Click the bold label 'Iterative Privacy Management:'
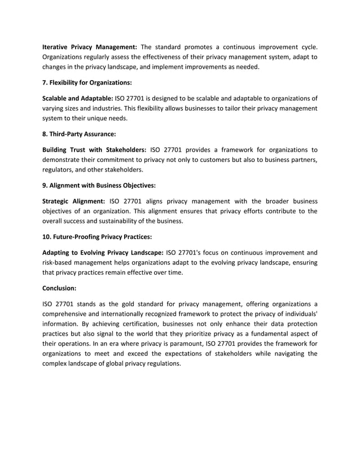pyautogui.click(x=90, y=46)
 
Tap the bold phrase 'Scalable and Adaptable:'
pyautogui.click(x=77, y=98)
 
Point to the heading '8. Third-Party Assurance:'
pyautogui.click(x=79, y=134)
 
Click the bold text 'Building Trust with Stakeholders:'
pyautogui.click(x=94, y=150)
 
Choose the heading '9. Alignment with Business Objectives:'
pyautogui.click(x=99, y=186)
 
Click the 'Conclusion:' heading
pyautogui.click(x=62, y=288)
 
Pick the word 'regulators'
pyautogui.click(x=59, y=170)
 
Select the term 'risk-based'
pyautogui.click(x=59, y=262)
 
